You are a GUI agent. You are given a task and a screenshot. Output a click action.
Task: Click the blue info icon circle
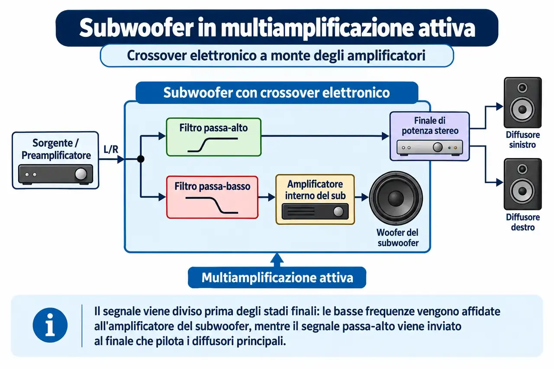click(50, 325)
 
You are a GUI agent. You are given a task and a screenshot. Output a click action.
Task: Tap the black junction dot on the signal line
click(141, 159)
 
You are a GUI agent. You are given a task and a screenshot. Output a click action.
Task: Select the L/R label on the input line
click(111, 149)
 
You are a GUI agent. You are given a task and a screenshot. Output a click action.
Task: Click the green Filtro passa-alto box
click(214, 137)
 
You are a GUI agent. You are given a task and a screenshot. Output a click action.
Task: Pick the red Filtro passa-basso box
click(212, 197)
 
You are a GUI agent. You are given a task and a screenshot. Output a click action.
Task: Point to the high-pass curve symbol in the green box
click(213, 144)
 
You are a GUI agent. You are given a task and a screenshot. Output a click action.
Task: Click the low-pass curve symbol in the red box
click(212, 205)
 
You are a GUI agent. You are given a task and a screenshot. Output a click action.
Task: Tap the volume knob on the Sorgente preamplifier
click(81, 174)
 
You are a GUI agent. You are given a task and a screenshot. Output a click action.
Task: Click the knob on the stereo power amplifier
click(438, 148)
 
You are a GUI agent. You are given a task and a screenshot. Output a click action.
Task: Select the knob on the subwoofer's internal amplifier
click(338, 212)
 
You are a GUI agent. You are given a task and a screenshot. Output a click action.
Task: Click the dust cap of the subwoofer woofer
click(396, 198)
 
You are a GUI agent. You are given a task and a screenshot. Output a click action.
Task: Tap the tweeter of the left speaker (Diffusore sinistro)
click(522, 88)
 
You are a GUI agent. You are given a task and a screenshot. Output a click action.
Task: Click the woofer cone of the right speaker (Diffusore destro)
click(522, 191)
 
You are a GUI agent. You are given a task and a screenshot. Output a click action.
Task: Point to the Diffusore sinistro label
click(522, 140)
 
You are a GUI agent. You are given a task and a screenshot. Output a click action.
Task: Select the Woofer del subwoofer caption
click(398, 237)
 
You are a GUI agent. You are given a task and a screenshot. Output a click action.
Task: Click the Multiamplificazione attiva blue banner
click(277, 277)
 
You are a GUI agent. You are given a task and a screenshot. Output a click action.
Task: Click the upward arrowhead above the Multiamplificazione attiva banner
click(277, 258)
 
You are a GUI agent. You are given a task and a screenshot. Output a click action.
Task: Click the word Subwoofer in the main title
click(136, 28)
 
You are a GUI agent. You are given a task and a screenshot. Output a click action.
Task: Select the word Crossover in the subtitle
click(157, 55)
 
